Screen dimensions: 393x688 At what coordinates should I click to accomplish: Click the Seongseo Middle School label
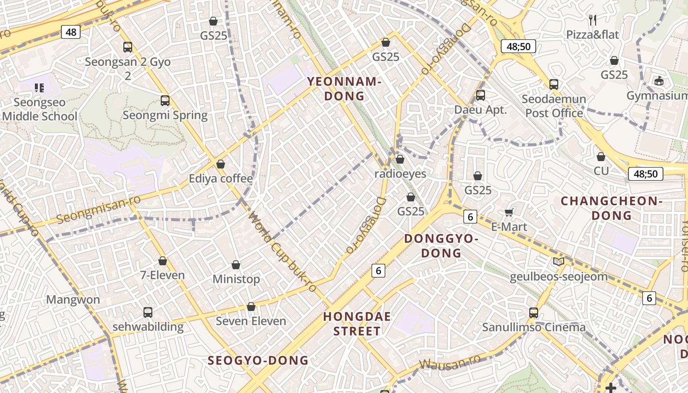pyautogui.click(x=39, y=110)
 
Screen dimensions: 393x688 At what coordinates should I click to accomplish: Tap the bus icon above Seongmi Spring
pyautogui.click(x=165, y=101)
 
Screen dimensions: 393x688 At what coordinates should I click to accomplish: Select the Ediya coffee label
pyautogui.click(x=221, y=178)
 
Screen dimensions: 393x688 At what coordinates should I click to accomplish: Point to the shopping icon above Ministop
pyautogui.click(x=236, y=265)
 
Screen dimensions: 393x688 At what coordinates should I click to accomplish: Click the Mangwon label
pyautogui.click(x=73, y=300)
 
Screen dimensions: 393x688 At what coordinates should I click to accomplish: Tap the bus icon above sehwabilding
pyautogui.click(x=147, y=312)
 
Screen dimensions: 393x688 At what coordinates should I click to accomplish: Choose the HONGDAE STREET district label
pyautogui.click(x=357, y=324)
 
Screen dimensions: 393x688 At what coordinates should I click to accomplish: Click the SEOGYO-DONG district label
pyautogui.click(x=258, y=361)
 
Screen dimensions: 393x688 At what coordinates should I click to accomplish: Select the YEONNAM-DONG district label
pyautogui.click(x=344, y=88)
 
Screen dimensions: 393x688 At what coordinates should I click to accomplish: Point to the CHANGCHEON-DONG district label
pyautogui.click(x=611, y=208)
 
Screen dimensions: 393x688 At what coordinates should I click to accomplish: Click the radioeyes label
pyautogui.click(x=401, y=174)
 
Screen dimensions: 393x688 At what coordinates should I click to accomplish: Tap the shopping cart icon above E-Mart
pyautogui.click(x=509, y=212)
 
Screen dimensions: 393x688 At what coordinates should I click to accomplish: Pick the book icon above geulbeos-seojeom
pyautogui.click(x=559, y=261)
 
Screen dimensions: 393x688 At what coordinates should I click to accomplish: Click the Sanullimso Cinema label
pyautogui.click(x=534, y=327)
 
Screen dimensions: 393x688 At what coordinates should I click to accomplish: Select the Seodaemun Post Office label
pyautogui.click(x=554, y=106)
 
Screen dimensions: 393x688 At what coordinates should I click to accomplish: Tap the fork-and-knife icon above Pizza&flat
pyautogui.click(x=593, y=20)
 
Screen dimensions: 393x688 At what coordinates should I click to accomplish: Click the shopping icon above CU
pyautogui.click(x=601, y=157)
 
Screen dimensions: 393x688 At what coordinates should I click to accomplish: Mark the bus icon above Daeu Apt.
pyautogui.click(x=481, y=95)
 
